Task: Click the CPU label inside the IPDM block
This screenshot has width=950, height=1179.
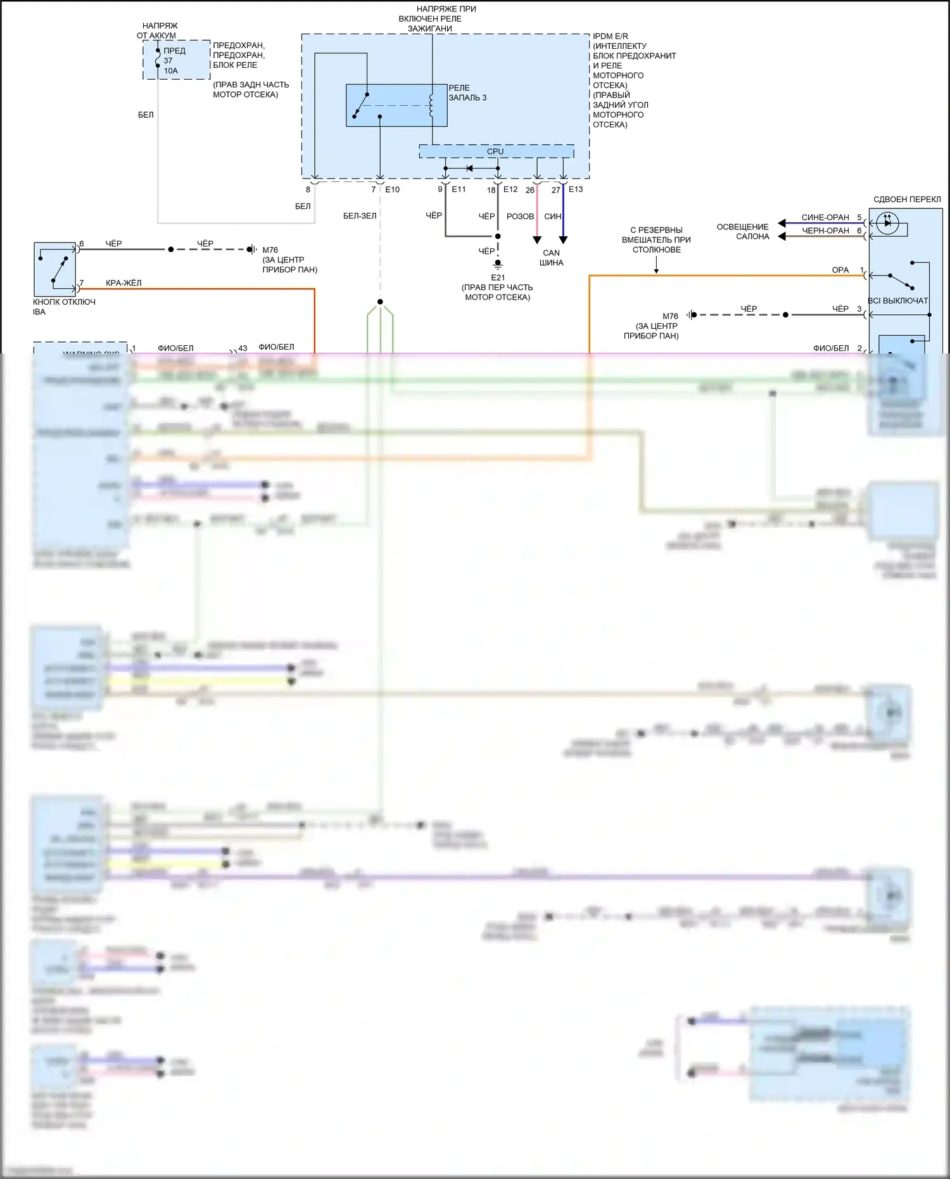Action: [495, 151]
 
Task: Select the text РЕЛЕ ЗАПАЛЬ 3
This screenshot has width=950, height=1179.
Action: [467, 92]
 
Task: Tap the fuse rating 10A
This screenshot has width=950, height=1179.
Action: [171, 71]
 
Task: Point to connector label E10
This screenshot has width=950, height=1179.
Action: [393, 189]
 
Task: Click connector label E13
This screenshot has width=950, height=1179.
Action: [576, 189]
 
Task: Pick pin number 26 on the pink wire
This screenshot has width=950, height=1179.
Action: [530, 190]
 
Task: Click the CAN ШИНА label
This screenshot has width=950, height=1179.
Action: [551, 258]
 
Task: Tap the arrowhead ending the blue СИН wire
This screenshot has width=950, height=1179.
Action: [563, 240]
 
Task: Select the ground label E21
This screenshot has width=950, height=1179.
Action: [498, 277]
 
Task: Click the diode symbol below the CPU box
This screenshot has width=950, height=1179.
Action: [469, 169]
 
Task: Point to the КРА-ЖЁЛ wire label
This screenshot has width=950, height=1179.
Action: [123, 283]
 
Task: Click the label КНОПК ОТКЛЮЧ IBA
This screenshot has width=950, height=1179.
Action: [64, 307]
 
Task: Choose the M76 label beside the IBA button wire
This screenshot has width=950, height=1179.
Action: [270, 250]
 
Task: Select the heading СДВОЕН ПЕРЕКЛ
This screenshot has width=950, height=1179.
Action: [907, 200]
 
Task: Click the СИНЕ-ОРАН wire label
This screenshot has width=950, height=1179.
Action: [825, 217]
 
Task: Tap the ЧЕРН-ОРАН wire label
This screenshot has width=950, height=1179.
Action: [825, 231]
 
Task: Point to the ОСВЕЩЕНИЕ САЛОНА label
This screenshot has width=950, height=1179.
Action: [743, 231]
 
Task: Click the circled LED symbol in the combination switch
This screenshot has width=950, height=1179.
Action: [887, 222]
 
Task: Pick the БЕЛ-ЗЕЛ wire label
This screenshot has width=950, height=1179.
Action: [360, 216]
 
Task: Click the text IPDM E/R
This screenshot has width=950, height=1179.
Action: [611, 37]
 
